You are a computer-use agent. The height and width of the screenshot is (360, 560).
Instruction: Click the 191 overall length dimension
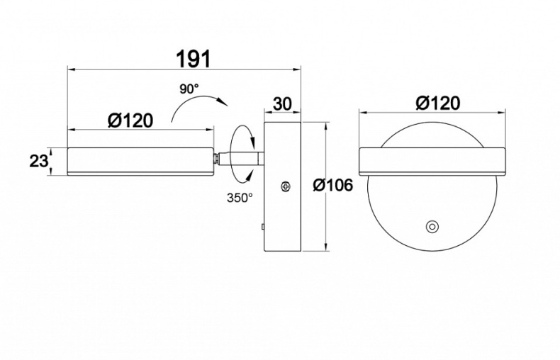(194, 59)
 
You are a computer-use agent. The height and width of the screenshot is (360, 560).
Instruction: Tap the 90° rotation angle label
(189, 89)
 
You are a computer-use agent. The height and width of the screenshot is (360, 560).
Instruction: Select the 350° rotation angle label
(240, 198)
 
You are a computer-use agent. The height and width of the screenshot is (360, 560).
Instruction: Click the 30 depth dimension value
(283, 103)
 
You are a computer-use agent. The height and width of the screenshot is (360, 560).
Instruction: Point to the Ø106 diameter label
(333, 185)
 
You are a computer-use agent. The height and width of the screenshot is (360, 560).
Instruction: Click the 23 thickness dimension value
(38, 162)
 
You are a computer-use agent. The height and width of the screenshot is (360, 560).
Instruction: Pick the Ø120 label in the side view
(130, 120)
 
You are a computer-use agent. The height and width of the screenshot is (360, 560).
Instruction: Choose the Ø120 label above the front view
(438, 103)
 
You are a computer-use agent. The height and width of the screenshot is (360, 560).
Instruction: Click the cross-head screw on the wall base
(285, 186)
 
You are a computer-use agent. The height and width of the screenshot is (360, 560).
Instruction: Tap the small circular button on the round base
(432, 227)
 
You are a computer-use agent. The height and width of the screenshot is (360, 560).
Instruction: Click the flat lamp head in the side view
(141, 162)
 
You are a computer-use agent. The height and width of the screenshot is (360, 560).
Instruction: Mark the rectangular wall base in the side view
(282, 186)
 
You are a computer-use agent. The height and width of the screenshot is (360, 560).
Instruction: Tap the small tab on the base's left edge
(262, 227)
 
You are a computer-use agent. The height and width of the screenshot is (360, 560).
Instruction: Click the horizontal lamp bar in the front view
(432, 162)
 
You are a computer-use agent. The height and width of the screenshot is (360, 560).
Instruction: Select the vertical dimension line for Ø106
(325, 186)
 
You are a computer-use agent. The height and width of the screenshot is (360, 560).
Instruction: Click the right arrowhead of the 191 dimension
(297, 69)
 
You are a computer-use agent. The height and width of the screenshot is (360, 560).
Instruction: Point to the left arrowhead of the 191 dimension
(72, 69)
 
